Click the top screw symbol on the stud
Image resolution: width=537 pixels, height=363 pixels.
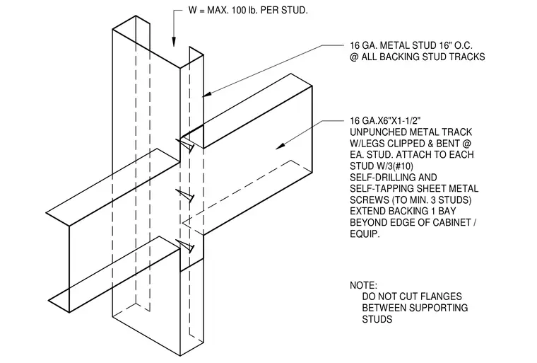[185, 144]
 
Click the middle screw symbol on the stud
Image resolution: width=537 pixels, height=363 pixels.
[185, 195]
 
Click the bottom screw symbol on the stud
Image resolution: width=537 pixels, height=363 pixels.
[185, 246]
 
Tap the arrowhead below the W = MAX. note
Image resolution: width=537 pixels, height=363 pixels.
[174, 41]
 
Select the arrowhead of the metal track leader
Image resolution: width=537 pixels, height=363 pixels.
[281, 146]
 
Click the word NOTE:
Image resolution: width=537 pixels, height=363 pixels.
[363, 285]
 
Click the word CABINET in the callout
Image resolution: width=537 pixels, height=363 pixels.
[452, 222]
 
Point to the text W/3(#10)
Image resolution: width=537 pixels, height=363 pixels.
[382, 166]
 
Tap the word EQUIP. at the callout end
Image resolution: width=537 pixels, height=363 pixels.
[365, 234]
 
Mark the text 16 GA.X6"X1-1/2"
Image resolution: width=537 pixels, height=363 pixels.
[385, 121]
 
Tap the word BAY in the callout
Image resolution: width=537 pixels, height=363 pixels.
[447, 211]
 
